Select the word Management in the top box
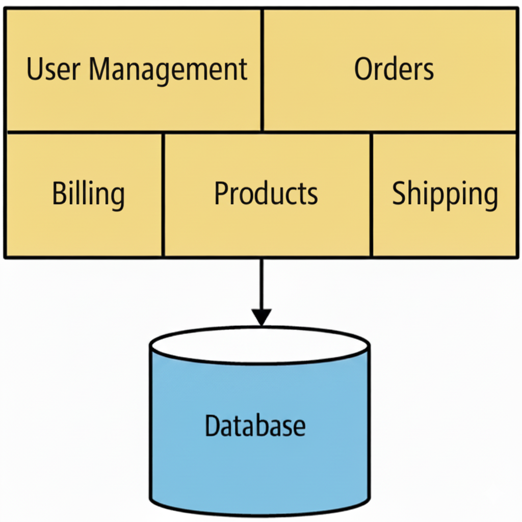tap(168, 70)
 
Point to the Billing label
tap(88, 194)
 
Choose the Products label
tap(266, 193)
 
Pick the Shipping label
tap(445, 194)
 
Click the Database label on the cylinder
tap(255, 425)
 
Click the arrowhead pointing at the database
tap(262, 317)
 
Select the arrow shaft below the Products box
tap(262, 283)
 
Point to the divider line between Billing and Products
tap(163, 194)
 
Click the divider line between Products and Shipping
tap(372, 194)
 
